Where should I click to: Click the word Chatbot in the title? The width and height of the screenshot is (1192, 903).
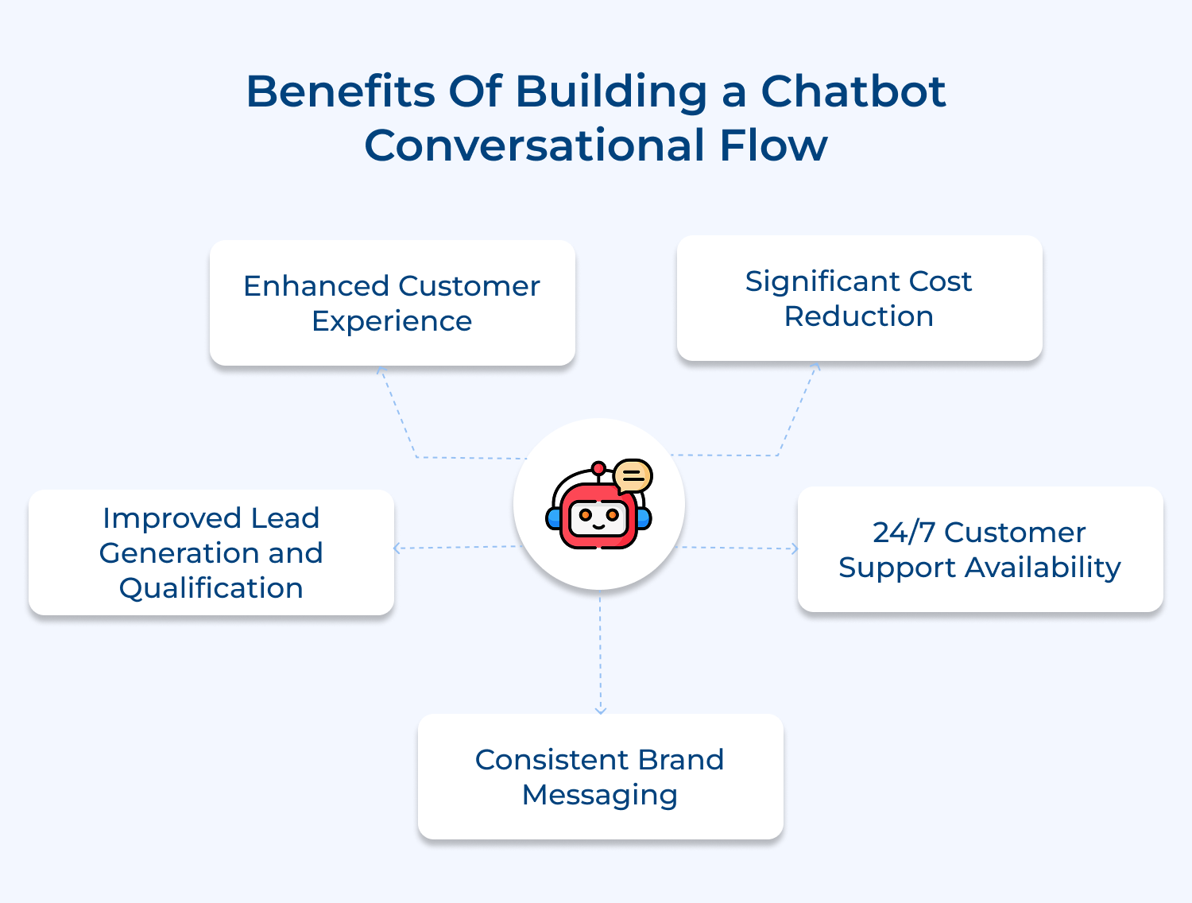coord(853,91)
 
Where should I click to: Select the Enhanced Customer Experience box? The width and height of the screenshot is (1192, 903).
coord(392,303)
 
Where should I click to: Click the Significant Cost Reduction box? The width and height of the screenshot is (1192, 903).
coord(859,298)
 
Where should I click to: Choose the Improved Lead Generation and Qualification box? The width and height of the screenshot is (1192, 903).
coord(211,552)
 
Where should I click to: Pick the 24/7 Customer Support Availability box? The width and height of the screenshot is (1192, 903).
coord(980,549)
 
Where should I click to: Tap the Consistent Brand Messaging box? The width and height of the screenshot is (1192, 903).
coord(600,777)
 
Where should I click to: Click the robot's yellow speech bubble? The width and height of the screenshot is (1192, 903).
coord(633,476)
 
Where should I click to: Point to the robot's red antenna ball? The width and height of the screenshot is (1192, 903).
coord(598,468)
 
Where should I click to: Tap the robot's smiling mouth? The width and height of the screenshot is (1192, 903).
coord(598,525)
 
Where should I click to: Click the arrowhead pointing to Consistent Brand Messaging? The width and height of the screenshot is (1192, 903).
coord(600,710)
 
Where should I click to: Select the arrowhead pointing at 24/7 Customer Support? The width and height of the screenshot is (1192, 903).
coord(794,548)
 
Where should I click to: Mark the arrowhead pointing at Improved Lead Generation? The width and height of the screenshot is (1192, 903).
coord(397,548)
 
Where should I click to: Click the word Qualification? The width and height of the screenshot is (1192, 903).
coord(211,588)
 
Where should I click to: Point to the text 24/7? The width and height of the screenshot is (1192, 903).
coord(904,533)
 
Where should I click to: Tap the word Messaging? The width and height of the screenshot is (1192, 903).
coord(600,795)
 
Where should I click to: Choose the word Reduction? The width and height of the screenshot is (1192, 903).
coord(859,316)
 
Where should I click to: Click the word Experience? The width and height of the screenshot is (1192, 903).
coord(392,321)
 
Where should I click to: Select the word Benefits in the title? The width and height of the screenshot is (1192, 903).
coord(340,91)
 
